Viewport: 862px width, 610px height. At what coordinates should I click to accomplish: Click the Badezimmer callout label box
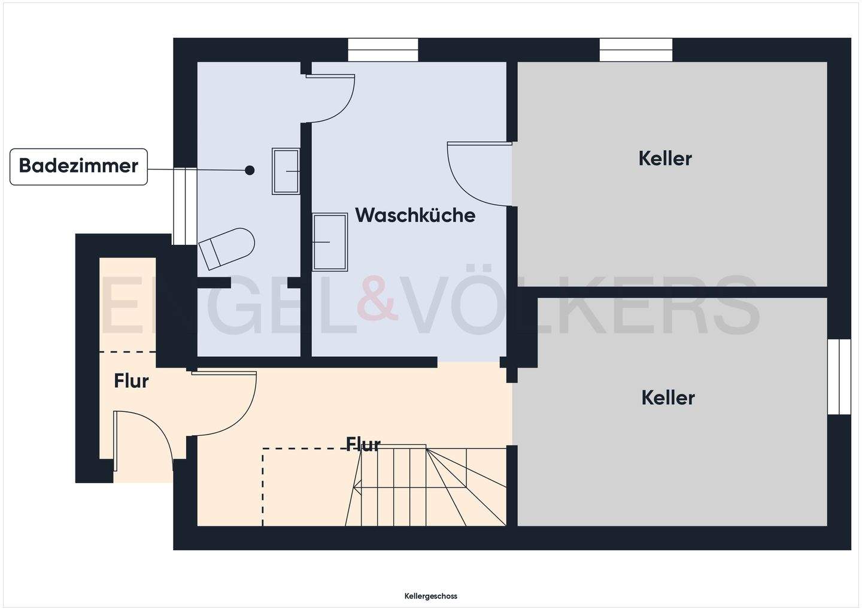(x=78, y=166)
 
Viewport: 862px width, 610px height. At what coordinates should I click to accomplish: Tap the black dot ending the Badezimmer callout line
(x=250, y=171)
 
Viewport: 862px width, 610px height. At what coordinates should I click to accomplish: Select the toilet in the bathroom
(x=227, y=247)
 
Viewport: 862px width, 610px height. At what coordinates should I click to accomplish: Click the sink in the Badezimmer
(x=286, y=171)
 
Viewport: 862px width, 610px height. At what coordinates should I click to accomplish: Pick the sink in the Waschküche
(x=330, y=242)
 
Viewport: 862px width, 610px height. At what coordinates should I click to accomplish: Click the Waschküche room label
(x=415, y=215)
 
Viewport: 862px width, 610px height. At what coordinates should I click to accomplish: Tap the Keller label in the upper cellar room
(x=664, y=158)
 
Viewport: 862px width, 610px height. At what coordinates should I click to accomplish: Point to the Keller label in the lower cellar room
(x=667, y=397)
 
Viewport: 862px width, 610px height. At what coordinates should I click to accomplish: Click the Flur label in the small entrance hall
(x=131, y=381)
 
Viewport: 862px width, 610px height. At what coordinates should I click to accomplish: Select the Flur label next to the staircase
(x=363, y=444)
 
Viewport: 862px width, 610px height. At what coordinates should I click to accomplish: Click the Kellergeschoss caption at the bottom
(x=430, y=596)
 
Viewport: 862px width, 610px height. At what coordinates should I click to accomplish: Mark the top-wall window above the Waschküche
(x=383, y=50)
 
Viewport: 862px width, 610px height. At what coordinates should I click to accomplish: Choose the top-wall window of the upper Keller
(x=636, y=50)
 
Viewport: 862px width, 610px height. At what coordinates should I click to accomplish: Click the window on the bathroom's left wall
(x=185, y=206)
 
